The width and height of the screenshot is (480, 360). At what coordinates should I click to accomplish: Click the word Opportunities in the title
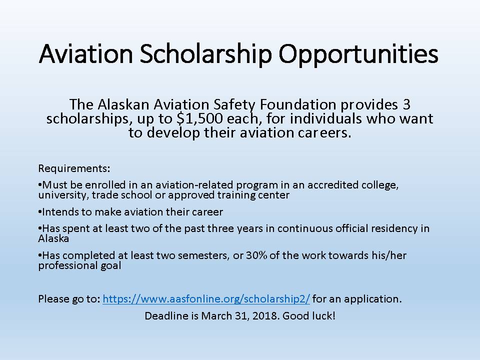tap(358, 54)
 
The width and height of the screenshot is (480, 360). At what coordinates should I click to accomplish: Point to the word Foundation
tap(298, 104)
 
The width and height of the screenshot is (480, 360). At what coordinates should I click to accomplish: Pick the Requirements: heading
tap(74, 168)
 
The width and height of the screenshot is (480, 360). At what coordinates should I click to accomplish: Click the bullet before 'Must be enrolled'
tap(40, 185)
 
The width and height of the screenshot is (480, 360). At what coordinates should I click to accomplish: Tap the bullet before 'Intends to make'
tap(40, 212)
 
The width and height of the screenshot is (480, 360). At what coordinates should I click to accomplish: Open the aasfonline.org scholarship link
tap(206, 299)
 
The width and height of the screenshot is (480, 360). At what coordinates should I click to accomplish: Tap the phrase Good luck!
tap(309, 315)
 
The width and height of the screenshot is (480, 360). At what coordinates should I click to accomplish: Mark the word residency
tap(394, 228)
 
